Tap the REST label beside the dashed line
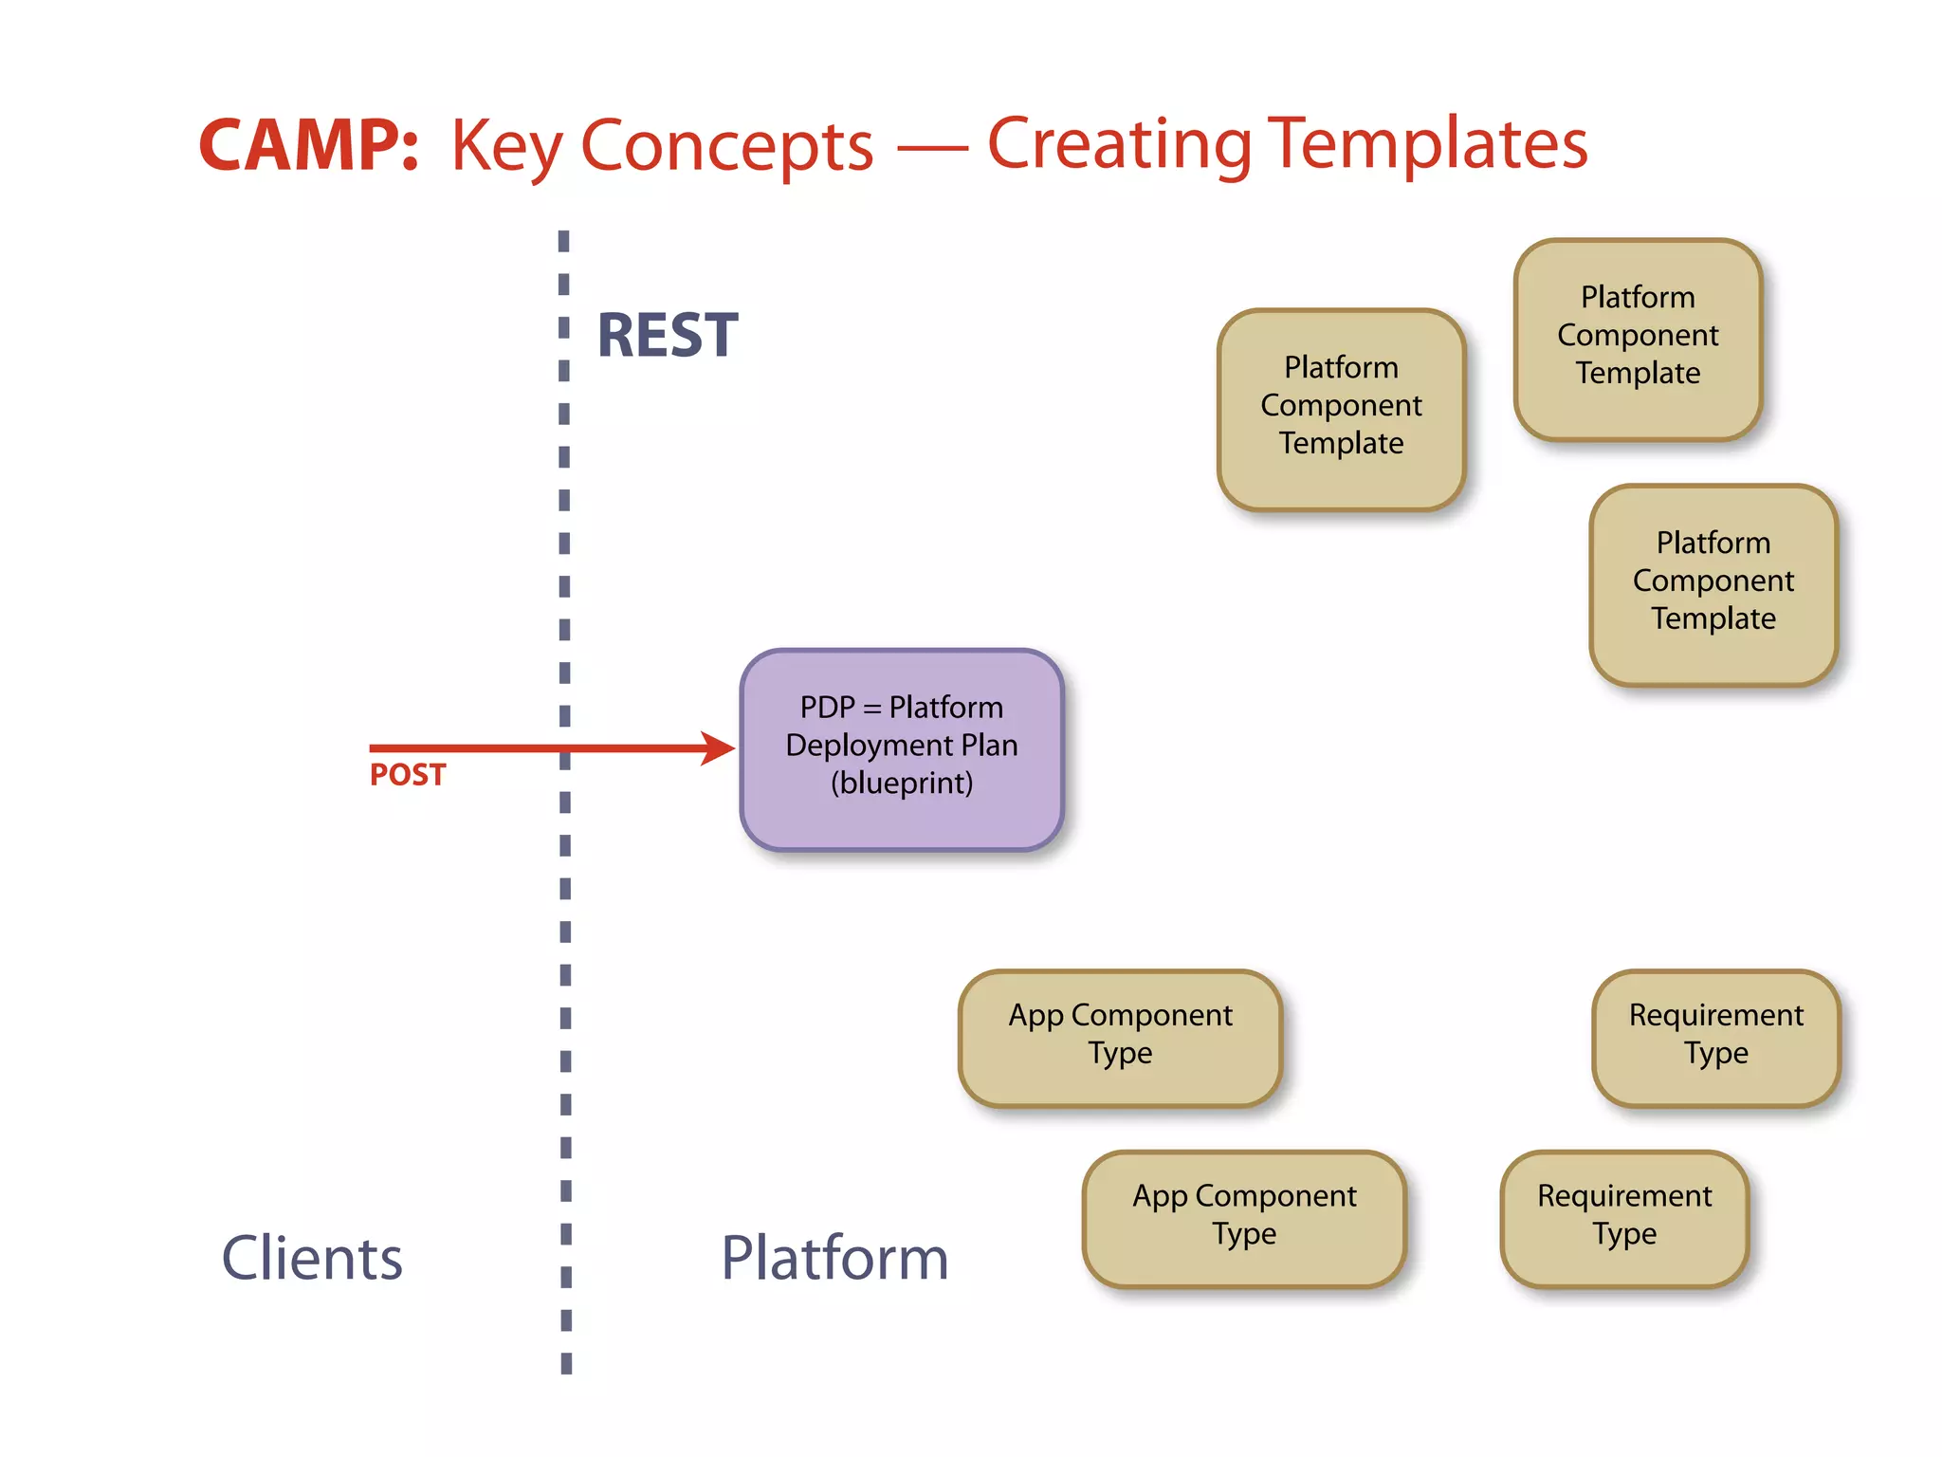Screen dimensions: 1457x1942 pyautogui.click(x=667, y=336)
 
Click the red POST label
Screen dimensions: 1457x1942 pyautogui.click(x=407, y=775)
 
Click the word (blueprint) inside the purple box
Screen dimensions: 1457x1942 pyautogui.click(x=902, y=784)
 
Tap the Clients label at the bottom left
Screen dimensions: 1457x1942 pyautogui.click(x=312, y=1258)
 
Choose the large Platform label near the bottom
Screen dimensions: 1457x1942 pyautogui.click(x=834, y=1258)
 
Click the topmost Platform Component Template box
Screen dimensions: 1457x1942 pyautogui.click(x=1638, y=339)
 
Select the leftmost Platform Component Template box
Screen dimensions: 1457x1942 pyautogui.click(x=1341, y=409)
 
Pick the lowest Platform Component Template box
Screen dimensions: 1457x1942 pyautogui.click(x=1713, y=584)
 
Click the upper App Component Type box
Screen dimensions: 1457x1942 pyautogui.click(x=1120, y=1037)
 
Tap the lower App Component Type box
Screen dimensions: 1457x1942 pyautogui.click(x=1244, y=1218)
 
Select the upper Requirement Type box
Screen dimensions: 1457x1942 pyautogui.click(x=1715, y=1037)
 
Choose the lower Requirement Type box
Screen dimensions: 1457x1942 pyautogui.click(x=1624, y=1218)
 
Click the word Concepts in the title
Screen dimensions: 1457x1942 pyautogui.click(x=726, y=147)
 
